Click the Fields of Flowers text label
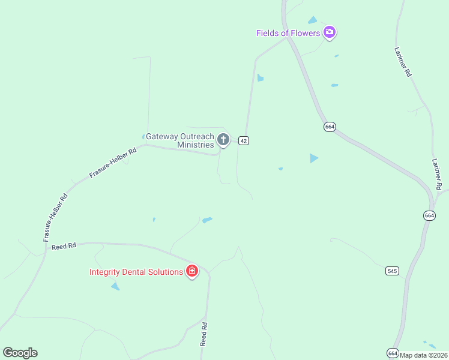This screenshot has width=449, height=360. [288, 33]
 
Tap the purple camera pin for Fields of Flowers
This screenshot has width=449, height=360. [329, 32]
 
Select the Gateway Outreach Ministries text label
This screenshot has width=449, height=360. [180, 140]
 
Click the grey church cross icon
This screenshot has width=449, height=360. [223, 140]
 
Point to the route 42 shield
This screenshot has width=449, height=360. [243, 140]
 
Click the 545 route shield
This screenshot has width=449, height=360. [393, 271]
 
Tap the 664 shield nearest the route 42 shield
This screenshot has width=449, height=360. [330, 127]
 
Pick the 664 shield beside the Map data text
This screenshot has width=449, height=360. [393, 353]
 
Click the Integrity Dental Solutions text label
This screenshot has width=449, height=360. [136, 272]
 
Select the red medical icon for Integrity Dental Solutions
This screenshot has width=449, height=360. [192, 271]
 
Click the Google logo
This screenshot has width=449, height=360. [20, 353]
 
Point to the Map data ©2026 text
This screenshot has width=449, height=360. [424, 355]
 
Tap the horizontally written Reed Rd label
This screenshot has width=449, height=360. [64, 246]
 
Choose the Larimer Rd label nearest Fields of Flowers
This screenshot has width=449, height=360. [403, 62]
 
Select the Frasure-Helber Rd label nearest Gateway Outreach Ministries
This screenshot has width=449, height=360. [113, 163]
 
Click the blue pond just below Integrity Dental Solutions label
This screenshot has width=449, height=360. [115, 287]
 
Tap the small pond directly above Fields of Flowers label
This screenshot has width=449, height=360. [312, 20]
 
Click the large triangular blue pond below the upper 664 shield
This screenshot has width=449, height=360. [313, 158]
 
